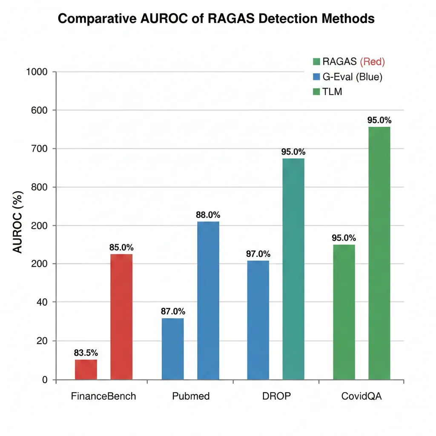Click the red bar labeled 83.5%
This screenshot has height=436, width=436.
pos(86,369)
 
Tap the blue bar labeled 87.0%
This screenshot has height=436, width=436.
pos(173,349)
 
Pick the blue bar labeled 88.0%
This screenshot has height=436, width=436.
pos(208,300)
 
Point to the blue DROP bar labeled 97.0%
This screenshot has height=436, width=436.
pos(258,320)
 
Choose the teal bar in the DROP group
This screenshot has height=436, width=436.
pos(293,269)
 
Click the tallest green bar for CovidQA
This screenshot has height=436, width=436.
pos(379,253)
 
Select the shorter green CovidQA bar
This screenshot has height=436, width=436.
pos(344,312)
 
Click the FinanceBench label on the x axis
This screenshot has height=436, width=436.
pos(103,396)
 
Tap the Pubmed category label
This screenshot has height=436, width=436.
pos(191,396)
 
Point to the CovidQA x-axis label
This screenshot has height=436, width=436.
pos(362,396)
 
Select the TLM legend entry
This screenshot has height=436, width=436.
pos(332,92)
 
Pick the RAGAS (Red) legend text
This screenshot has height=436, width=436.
pos(353,62)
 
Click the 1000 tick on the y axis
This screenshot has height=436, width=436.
pos(37,72)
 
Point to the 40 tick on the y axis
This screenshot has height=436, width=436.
pos(42,302)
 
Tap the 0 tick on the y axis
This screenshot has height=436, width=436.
pos(45,380)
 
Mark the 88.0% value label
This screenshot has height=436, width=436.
pos(208,215)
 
